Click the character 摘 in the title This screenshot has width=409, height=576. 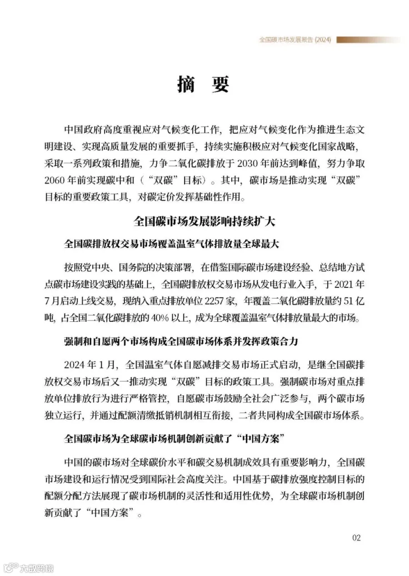coord(186,83)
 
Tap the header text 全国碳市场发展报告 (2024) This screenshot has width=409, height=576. coord(295,40)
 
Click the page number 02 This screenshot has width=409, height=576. coord(356,538)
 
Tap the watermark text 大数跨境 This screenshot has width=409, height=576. coord(36,568)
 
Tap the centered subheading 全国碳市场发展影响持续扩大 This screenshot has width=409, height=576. coord(204,221)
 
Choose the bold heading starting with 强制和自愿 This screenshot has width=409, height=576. coord(180,342)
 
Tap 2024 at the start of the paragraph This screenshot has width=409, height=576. coord(75,365)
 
